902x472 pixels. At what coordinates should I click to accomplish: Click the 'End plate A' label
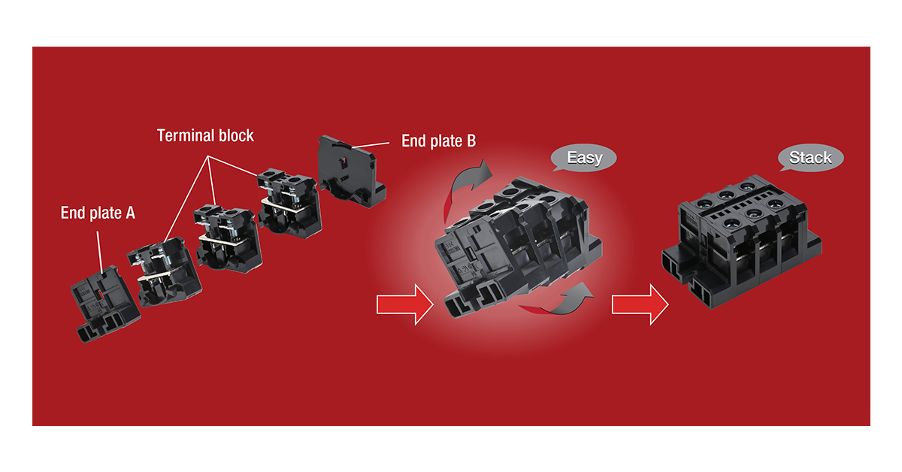tap(98, 213)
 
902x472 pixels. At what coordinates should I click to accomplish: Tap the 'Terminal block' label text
tap(205, 136)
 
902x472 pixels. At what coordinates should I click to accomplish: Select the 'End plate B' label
tap(438, 141)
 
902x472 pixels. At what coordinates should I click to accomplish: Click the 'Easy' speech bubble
tap(584, 159)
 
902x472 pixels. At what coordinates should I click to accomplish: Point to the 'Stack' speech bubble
tap(810, 158)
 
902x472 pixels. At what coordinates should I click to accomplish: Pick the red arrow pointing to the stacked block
tap(640, 304)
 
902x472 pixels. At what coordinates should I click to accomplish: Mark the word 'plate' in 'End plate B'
tap(444, 141)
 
